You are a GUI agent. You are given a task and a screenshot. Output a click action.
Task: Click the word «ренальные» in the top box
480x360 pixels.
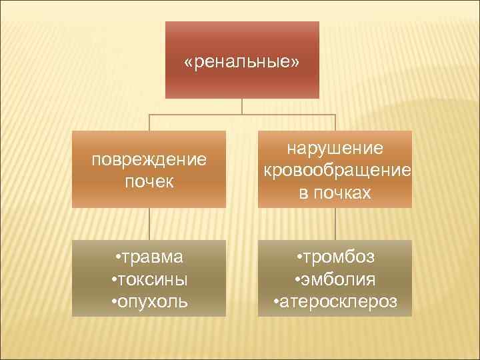pos(242,62)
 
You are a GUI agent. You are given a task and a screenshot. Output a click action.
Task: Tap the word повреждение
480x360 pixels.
pos(149,160)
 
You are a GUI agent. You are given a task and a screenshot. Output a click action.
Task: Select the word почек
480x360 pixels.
pos(149,181)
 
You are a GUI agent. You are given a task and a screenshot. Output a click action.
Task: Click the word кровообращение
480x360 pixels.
pos(337,170)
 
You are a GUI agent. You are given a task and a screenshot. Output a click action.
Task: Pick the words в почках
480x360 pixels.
pos(335,193)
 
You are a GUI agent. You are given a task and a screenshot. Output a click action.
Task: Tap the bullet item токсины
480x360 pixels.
pos(151,279)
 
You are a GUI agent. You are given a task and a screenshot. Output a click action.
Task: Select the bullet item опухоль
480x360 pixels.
pos(151,301)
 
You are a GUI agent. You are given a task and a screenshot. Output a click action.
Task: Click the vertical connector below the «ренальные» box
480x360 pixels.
pos(242,106)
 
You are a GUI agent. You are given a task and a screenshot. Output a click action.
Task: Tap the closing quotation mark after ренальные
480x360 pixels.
pos(295,62)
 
